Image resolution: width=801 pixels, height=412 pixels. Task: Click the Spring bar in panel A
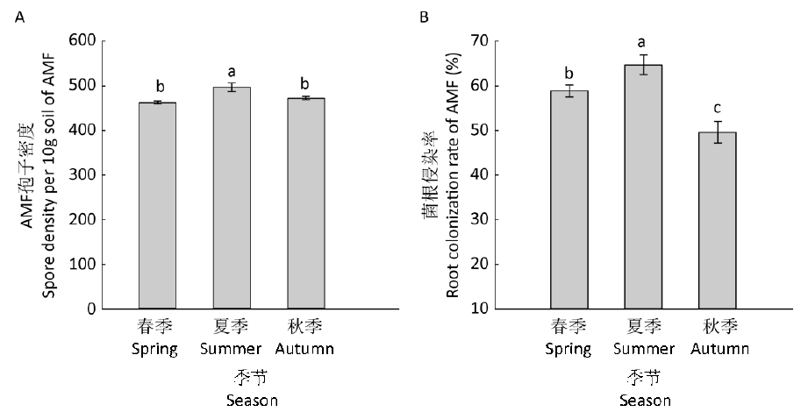point(157,206)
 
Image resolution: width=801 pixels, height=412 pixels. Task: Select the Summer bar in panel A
point(231,198)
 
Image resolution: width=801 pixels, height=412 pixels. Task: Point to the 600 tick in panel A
point(83,40)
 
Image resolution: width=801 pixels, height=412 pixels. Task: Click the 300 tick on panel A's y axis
point(83,175)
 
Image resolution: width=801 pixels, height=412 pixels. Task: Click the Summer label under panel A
point(231,349)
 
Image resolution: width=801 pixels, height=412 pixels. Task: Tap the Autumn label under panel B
point(719,349)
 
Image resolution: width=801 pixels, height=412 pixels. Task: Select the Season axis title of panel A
point(231,401)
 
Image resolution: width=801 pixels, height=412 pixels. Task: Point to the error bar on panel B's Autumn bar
point(718,132)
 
